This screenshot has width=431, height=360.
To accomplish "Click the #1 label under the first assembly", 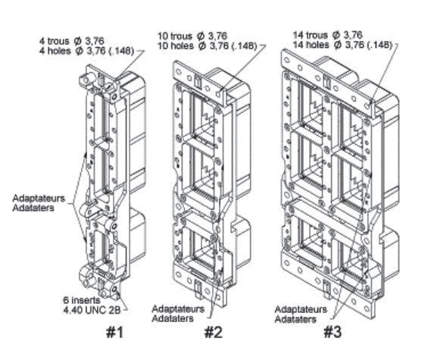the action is click(115, 332).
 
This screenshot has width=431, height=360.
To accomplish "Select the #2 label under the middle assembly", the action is click(214, 332).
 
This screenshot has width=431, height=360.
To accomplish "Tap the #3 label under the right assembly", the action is click(333, 332).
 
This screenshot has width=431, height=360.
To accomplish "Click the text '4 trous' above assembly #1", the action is click(54, 41).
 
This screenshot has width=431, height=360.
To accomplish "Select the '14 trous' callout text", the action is click(311, 35).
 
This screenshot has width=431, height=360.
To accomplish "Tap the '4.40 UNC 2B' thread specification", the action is click(92, 310).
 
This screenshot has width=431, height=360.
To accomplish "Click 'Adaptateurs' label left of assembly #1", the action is click(39, 199).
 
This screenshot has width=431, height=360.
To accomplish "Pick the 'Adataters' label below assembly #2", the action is click(173, 319).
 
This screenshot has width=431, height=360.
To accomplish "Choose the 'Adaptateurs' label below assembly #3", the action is click(301, 309).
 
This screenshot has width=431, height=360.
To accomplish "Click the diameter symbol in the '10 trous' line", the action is click(201, 36).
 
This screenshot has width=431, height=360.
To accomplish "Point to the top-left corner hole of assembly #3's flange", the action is click(287, 60).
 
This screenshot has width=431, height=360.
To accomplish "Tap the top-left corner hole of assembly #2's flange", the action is click(178, 72).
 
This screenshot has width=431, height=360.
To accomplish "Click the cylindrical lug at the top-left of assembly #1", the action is click(86, 80).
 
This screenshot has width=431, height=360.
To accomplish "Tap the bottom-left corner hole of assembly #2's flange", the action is click(179, 274).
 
